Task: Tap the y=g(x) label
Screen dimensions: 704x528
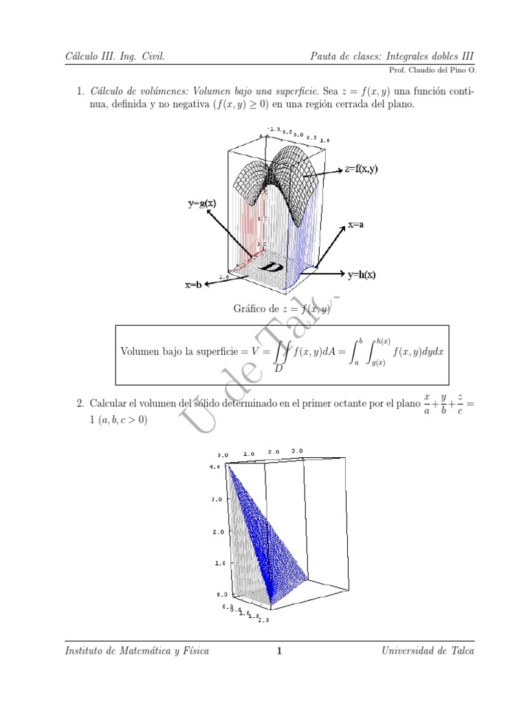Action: coord(202,203)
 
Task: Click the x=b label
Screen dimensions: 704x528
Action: coord(192,285)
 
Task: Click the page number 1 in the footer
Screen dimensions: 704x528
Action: coord(279,650)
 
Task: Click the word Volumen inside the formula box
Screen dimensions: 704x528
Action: coord(142,351)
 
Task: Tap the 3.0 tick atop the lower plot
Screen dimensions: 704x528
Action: coord(298,452)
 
